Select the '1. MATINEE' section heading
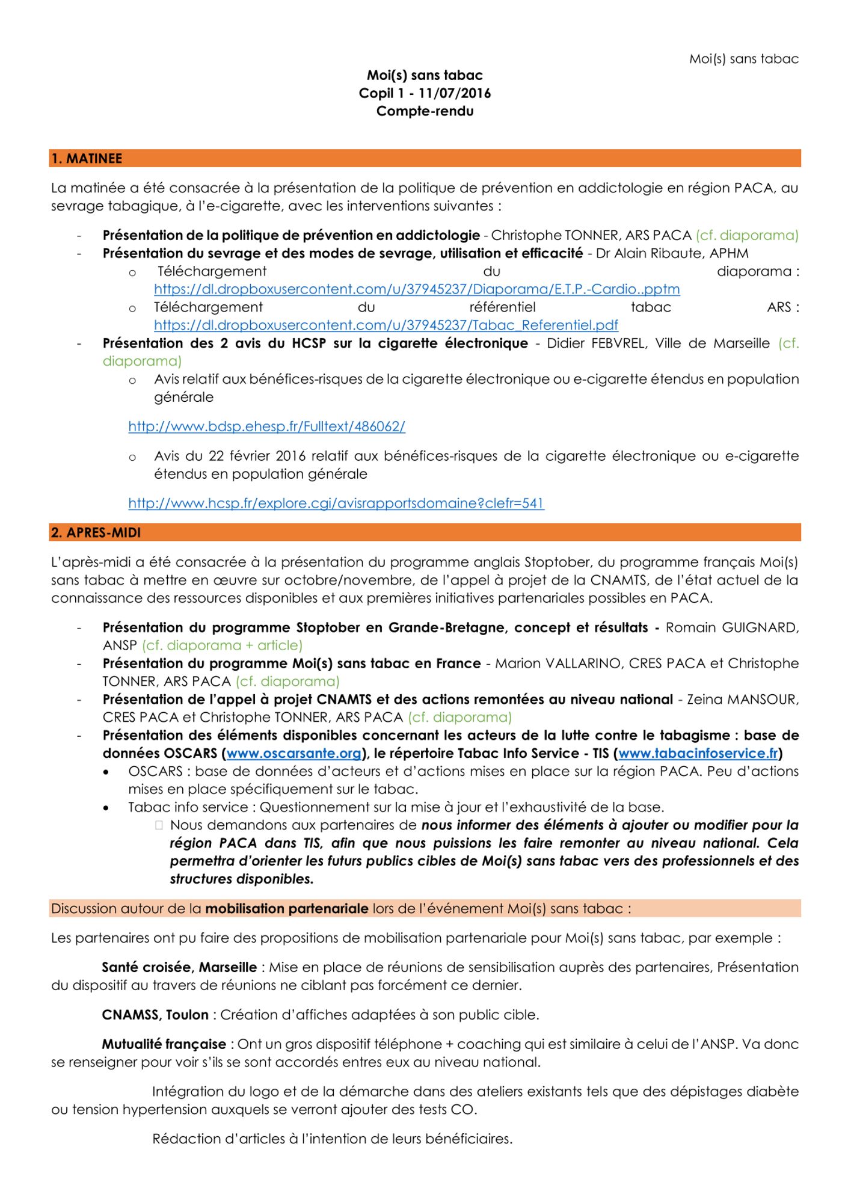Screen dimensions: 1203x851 [87, 159]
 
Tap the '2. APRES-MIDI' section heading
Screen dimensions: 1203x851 [96, 533]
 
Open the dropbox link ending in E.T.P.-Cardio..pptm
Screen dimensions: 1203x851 [417, 289]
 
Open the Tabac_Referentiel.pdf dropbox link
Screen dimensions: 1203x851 [386, 325]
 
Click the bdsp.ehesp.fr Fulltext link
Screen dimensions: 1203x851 [266, 426]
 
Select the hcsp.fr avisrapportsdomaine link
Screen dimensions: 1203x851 [336, 503]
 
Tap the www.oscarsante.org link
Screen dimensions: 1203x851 [293, 753]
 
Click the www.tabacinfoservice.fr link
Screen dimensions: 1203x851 [698, 753]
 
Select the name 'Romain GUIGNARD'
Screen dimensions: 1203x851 [732, 627]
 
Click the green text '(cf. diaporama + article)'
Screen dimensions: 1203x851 [222, 645]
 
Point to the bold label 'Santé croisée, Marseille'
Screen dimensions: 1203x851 [179, 967]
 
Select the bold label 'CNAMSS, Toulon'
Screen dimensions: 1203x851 [155, 1015]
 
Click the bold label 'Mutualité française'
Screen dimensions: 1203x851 [164, 1044]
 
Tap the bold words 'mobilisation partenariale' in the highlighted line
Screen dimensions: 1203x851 [286, 908]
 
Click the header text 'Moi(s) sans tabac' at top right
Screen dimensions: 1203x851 [743, 59]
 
